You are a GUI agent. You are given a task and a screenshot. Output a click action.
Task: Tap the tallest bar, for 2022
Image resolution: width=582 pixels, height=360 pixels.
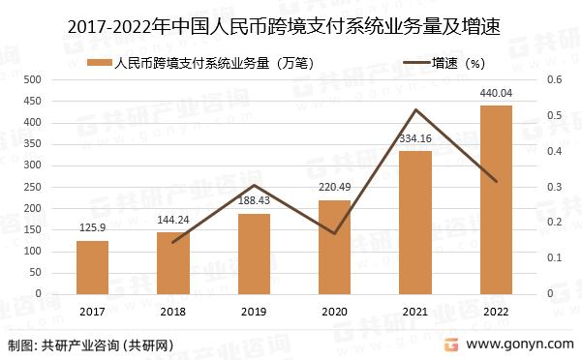[496, 199]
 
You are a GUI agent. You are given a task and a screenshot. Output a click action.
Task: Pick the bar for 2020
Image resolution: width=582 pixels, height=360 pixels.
[334, 247]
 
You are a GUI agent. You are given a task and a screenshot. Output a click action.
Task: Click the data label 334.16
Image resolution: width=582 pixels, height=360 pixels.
[414, 138]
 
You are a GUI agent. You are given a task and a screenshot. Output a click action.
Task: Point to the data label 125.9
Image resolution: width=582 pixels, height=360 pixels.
[93, 227]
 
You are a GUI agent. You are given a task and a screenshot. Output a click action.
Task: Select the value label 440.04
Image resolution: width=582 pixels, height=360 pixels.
[496, 93]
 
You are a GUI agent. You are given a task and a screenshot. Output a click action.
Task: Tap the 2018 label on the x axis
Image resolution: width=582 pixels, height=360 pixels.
[173, 311]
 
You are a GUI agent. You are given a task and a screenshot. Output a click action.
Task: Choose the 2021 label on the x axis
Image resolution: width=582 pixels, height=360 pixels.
[414, 311]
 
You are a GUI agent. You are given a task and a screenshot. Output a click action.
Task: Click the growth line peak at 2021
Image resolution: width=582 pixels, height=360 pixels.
[415, 110]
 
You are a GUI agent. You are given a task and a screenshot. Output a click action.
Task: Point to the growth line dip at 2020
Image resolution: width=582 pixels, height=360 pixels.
[334, 233]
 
